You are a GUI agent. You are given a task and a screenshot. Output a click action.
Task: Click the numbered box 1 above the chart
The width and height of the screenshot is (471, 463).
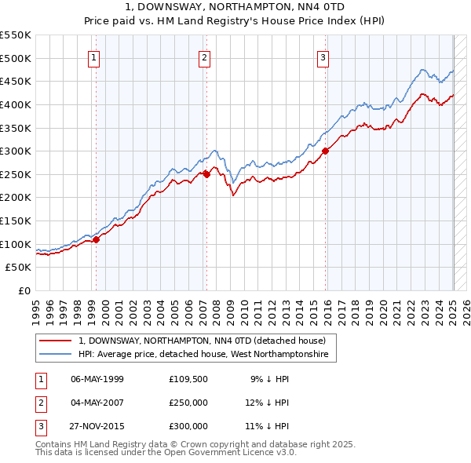point(94,57)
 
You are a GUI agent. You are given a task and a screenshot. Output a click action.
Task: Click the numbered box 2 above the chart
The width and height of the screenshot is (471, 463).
point(204,57)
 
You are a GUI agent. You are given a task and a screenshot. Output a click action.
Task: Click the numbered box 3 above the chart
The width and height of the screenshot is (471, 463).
point(323,57)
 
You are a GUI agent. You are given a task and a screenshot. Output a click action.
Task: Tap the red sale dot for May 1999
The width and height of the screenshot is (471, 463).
point(96,240)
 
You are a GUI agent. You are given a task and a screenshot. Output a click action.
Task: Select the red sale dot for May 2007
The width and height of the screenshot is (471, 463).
point(206,174)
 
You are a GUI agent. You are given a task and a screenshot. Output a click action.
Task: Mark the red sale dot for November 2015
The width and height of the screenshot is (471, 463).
point(325,151)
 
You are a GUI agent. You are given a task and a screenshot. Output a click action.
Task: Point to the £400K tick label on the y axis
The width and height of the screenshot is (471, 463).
point(16,104)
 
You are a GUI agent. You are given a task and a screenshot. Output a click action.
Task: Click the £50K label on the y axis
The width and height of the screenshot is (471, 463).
point(19,268)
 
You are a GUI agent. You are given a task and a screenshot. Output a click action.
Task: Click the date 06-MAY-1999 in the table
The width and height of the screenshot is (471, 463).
point(97,379)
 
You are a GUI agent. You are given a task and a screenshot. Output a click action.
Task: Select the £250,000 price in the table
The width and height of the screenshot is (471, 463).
point(188,403)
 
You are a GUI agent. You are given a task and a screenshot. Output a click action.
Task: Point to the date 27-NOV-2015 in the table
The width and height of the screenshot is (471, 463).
point(97,426)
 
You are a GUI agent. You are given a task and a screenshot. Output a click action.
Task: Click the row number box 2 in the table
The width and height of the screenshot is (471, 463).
point(40,403)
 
